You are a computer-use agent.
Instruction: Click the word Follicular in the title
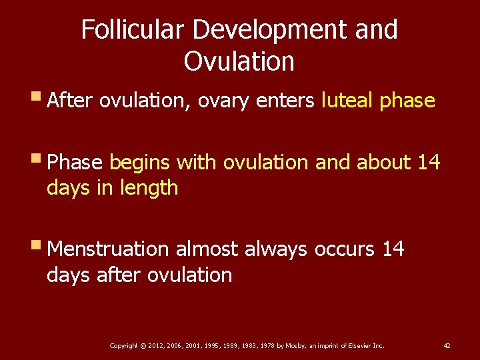pyautogui.click(x=133, y=30)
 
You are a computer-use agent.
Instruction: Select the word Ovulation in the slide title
pyautogui.click(x=239, y=61)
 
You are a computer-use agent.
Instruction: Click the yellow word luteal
pyautogui.click(x=347, y=101)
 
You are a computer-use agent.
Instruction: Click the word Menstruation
pyautogui.click(x=109, y=249)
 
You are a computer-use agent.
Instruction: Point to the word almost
pyautogui.click(x=207, y=249)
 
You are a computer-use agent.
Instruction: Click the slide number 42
pyautogui.click(x=447, y=346)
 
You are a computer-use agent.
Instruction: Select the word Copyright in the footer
pyautogui.click(x=123, y=346)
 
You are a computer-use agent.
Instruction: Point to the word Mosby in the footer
pyautogui.click(x=294, y=346)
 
